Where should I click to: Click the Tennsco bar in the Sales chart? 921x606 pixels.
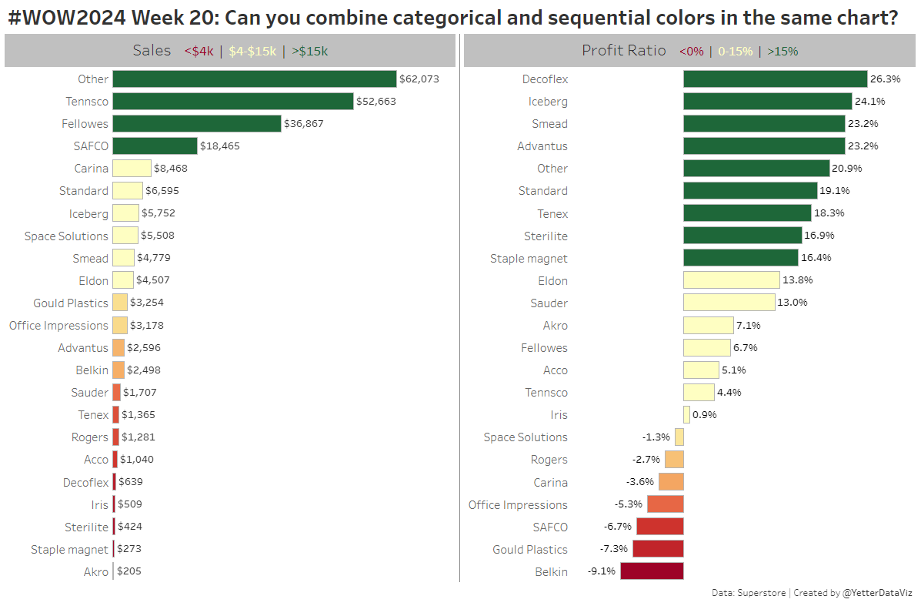coord(233,101)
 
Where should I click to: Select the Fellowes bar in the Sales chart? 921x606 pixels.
coord(196,123)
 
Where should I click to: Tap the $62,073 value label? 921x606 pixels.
coord(419,79)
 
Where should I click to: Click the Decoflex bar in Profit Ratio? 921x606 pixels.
coord(775,79)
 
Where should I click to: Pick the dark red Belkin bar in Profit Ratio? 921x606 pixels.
coord(652,571)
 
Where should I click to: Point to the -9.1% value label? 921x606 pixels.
coord(602,571)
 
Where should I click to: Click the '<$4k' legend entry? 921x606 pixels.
coord(199,52)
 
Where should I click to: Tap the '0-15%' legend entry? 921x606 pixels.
coord(735,52)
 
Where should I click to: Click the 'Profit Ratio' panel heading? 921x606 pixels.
coord(624,50)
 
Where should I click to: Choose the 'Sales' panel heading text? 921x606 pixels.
coord(152,50)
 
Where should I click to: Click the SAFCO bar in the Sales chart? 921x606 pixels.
coord(155,146)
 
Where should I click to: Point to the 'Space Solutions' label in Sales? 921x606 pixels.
coord(66,236)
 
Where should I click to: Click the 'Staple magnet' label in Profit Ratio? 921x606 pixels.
coord(529,258)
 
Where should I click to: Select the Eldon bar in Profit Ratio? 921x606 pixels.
coord(731,280)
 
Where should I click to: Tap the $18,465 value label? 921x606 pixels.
coord(220,146)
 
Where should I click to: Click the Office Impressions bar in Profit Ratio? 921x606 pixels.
coord(665,504)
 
